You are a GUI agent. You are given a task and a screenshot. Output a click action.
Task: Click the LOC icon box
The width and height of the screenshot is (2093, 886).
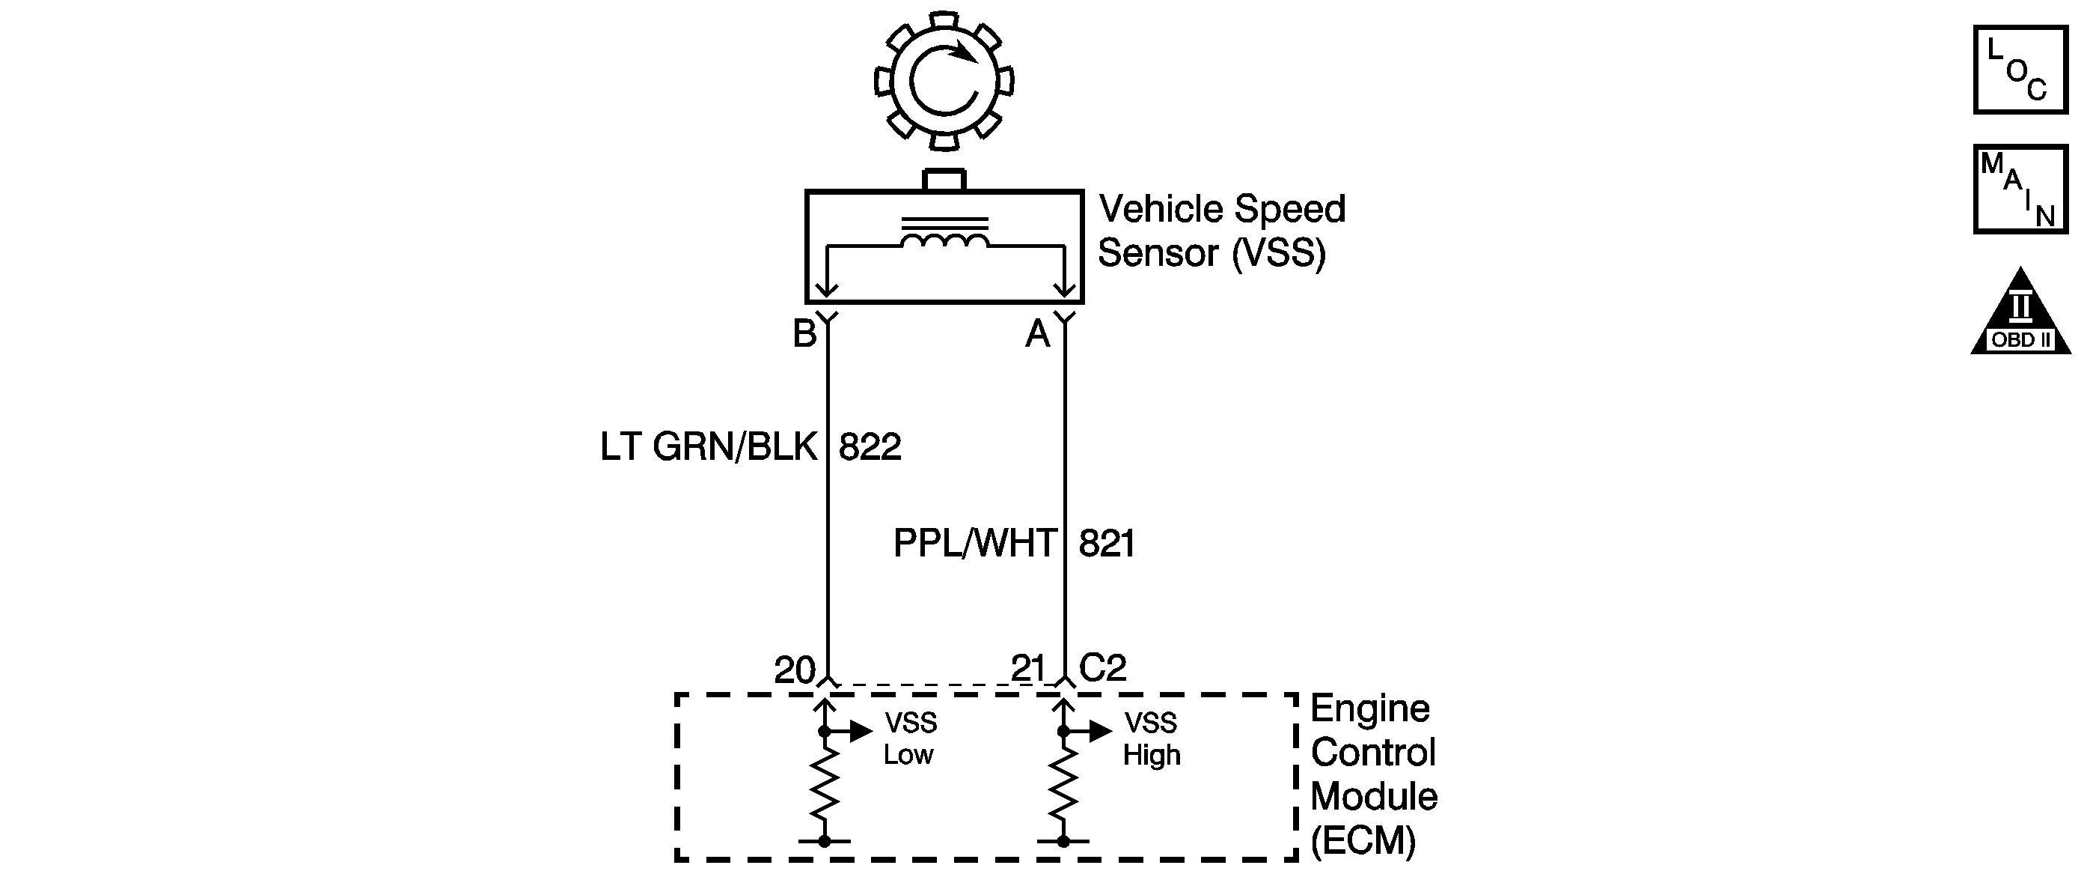click(2020, 70)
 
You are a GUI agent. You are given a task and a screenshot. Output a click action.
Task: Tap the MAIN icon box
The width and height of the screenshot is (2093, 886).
click(2020, 189)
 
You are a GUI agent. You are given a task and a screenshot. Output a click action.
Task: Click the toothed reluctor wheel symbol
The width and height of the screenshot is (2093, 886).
click(944, 80)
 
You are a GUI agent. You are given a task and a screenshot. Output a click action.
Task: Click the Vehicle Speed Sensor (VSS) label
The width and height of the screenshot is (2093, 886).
click(1221, 231)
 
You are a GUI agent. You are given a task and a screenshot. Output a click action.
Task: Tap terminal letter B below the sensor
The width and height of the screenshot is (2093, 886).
click(804, 334)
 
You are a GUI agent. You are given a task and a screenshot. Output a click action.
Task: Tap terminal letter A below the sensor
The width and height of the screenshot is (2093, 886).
click(1038, 334)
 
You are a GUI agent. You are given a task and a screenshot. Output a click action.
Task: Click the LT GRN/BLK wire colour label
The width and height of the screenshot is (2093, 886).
click(709, 447)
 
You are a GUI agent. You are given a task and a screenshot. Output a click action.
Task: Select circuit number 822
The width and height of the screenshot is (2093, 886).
click(870, 447)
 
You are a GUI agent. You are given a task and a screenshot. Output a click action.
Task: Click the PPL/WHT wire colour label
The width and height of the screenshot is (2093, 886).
click(975, 543)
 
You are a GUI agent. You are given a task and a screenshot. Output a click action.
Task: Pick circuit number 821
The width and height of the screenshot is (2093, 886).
click(1107, 543)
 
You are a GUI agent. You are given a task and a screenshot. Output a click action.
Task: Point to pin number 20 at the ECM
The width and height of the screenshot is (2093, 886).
click(794, 670)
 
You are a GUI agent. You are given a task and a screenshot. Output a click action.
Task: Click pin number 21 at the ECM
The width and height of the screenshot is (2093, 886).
click(1028, 668)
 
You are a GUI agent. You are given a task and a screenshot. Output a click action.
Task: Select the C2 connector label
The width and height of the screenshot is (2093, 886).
click(1102, 668)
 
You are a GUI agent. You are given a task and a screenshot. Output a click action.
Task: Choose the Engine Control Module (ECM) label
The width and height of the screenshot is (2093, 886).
click(1373, 774)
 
